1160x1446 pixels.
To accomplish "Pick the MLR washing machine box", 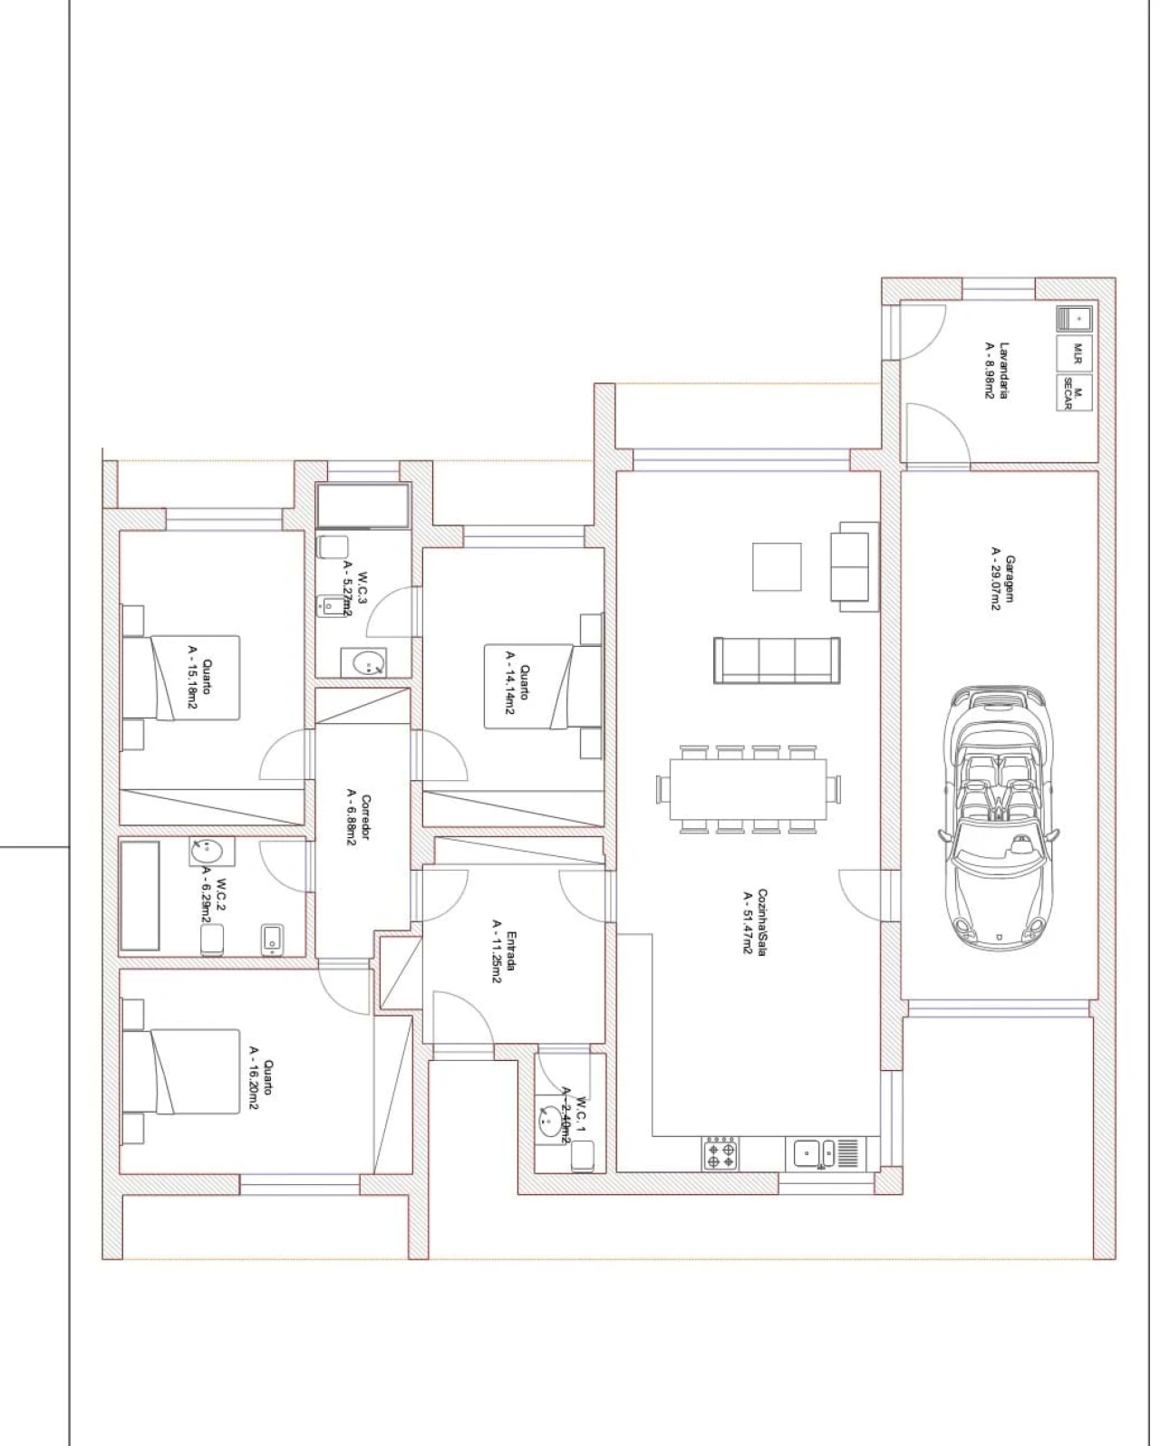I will (x=1075, y=352).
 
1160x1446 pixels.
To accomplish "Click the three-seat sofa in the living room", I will (x=777, y=660).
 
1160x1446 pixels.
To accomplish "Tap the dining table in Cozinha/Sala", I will (x=748, y=788).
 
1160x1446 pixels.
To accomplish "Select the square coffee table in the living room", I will (x=777, y=567).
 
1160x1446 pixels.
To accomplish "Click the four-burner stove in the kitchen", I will (x=721, y=1154).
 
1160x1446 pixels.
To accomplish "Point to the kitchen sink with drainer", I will (x=826, y=1152).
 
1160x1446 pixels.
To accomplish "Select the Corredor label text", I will (x=359, y=820).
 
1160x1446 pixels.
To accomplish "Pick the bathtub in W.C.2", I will (x=140, y=896).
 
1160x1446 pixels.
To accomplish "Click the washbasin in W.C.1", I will (x=550, y=1120).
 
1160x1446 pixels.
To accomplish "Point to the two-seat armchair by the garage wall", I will (x=855, y=566).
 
